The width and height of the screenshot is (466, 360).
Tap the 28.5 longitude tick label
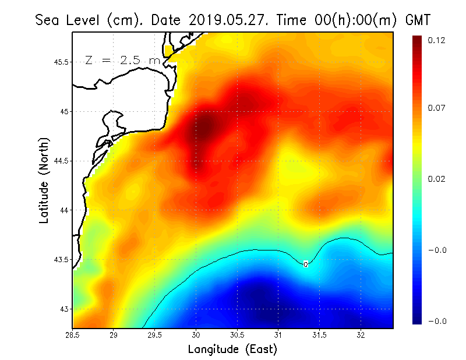point(73,335)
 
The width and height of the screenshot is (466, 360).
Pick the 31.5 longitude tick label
point(320,335)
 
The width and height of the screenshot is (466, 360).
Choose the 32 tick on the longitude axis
point(361,335)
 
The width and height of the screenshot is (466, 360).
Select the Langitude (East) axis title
point(232,349)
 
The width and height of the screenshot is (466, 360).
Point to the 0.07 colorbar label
point(436,108)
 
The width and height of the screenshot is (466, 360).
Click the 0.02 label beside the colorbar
point(436,179)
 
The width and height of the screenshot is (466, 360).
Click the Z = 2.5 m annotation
point(122,60)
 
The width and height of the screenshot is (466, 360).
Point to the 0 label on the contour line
point(306,264)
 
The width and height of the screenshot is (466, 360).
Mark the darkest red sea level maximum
point(205,125)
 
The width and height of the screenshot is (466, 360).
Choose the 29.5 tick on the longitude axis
point(155,335)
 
